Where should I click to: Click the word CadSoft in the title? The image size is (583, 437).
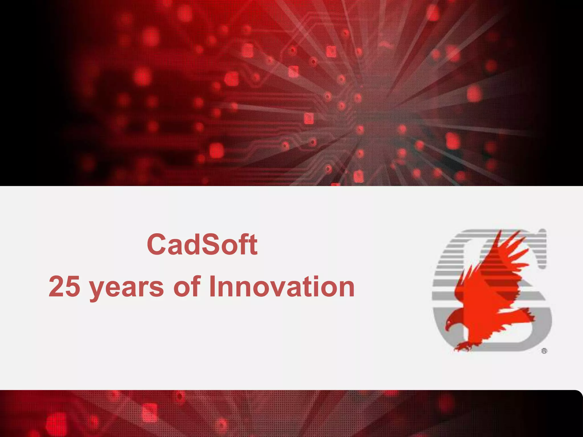pos(202,244)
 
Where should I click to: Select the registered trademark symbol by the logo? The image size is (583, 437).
pos(544,351)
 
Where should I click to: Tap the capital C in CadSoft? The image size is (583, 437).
pos(157,244)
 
